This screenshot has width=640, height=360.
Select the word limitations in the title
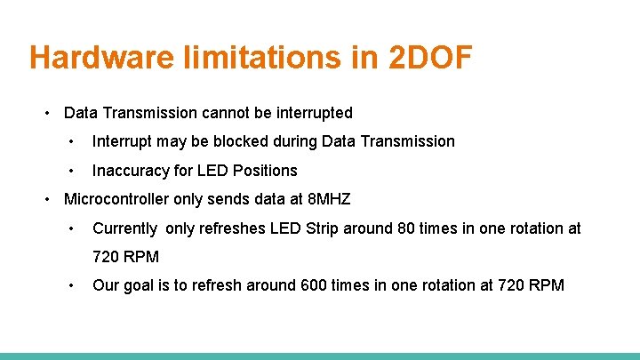click(288, 58)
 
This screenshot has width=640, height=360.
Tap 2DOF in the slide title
click(430, 58)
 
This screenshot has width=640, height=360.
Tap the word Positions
click(266, 171)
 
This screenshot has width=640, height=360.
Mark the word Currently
click(125, 228)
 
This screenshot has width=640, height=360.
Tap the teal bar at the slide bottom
click(320, 356)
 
